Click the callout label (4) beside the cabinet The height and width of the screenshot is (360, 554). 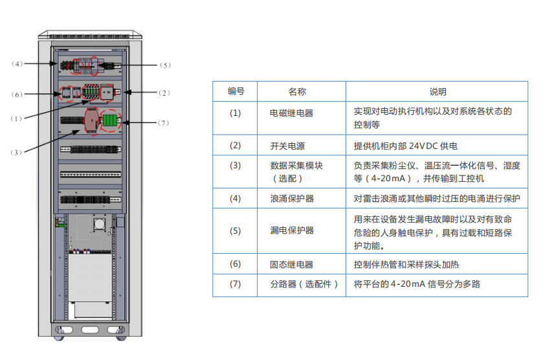(17, 63)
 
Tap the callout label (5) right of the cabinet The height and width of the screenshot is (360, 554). (165, 65)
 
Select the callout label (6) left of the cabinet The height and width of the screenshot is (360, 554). (17, 94)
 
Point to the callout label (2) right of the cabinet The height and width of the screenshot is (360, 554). (165, 93)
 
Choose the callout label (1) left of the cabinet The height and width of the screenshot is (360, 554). (17, 118)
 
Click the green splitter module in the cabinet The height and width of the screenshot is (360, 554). (109, 121)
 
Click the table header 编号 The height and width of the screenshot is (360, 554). (236, 91)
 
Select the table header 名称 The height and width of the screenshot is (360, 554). (297, 91)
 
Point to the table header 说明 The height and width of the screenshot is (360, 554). (438, 91)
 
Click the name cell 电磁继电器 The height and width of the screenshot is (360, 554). (292, 113)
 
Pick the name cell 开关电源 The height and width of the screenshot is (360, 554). (287, 146)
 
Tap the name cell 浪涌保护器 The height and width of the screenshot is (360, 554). (292, 198)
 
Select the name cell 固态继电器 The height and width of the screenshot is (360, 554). (292, 264)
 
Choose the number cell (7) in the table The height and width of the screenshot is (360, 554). (236, 284)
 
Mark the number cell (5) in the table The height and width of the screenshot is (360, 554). (236, 231)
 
